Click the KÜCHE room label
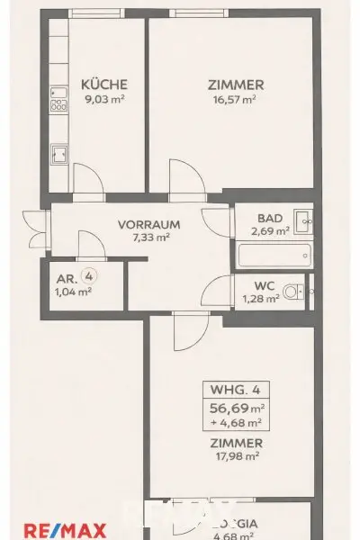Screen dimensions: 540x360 tap(97, 85)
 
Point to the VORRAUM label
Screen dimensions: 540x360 tap(150, 225)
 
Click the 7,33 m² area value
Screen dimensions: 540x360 tap(150, 238)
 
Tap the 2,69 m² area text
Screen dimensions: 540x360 tap(270, 230)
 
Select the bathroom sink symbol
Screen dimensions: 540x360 tap(304, 218)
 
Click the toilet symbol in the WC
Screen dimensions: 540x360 tap(291, 291)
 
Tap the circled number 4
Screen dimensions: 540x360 tap(87, 277)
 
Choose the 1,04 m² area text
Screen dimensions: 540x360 tap(74, 292)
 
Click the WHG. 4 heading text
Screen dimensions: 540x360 tap(236, 391)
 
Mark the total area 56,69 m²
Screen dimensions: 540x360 tap(236, 407)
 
